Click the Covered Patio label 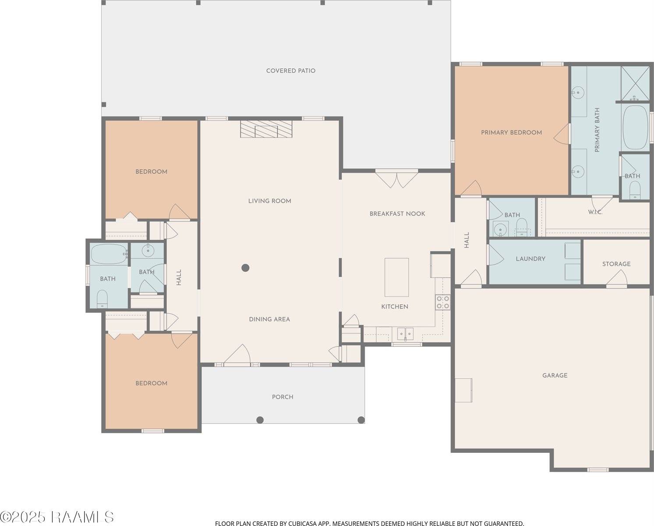[290, 71]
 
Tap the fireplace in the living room [266, 129]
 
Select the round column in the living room [246, 268]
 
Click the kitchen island [396, 277]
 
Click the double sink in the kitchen [405, 334]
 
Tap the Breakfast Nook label [397, 214]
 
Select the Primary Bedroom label [511, 133]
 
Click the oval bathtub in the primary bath [636, 127]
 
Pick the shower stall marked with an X [635, 83]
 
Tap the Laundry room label [530, 259]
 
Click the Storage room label [616, 264]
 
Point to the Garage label [555, 375]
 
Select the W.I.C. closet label [595, 212]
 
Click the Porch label [283, 397]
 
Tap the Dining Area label [269, 320]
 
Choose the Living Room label [269, 201]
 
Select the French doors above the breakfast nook [396, 179]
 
